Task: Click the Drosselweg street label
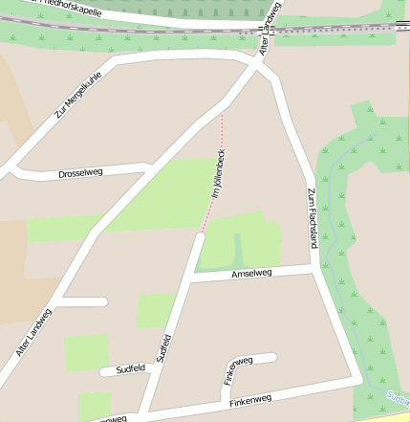pyautogui.click(x=80, y=173)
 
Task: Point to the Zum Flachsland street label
pyautogui.click(x=312, y=218)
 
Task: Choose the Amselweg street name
pyautogui.click(x=251, y=274)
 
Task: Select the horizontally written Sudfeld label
pyautogui.click(x=130, y=367)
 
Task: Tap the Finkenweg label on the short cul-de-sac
pyautogui.click(x=237, y=368)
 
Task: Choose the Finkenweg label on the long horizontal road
pyautogui.click(x=250, y=398)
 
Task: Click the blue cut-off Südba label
pyautogui.click(x=398, y=398)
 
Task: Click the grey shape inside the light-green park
pyautogui.click(x=238, y=251)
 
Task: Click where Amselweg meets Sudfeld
pyautogui.click(x=188, y=278)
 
